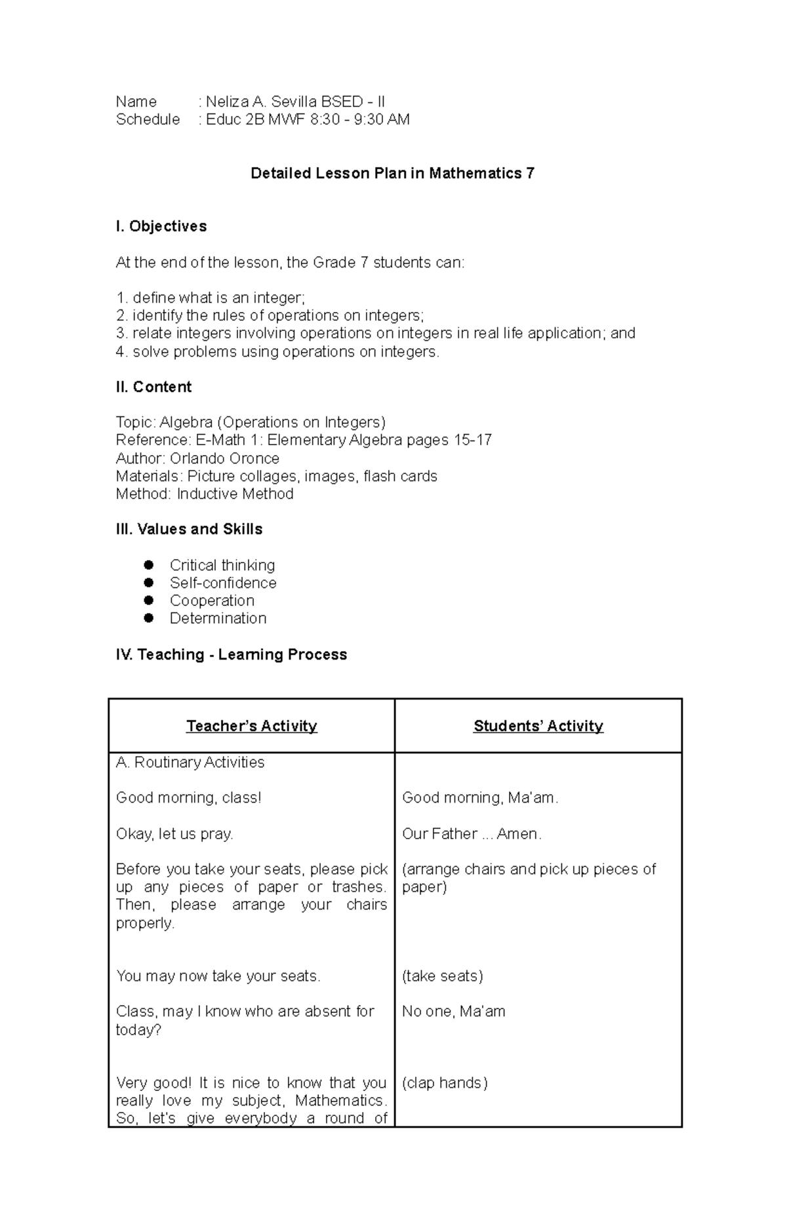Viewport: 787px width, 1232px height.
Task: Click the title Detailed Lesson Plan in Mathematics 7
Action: [392, 173]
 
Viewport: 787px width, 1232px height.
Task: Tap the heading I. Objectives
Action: [161, 226]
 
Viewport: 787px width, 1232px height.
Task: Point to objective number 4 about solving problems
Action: [277, 351]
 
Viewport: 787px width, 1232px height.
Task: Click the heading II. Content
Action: [153, 387]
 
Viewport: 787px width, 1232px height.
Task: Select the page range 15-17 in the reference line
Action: [472, 440]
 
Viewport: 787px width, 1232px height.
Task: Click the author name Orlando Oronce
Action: [224, 458]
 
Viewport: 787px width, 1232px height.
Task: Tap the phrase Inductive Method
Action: [235, 494]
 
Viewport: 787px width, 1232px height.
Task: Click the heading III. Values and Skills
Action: [189, 529]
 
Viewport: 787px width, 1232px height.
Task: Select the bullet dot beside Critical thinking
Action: [149, 565]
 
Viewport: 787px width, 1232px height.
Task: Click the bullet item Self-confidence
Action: [223, 583]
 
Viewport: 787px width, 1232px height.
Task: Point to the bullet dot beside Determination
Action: [149, 618]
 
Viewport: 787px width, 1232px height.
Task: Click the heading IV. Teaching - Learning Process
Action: [231, 654]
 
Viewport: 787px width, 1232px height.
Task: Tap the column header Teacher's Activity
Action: [252, 726]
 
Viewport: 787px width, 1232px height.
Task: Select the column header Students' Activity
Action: [538, 726]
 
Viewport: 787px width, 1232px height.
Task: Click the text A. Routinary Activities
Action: [190, 762]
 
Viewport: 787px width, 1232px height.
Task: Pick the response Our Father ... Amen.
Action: [472, 833]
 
